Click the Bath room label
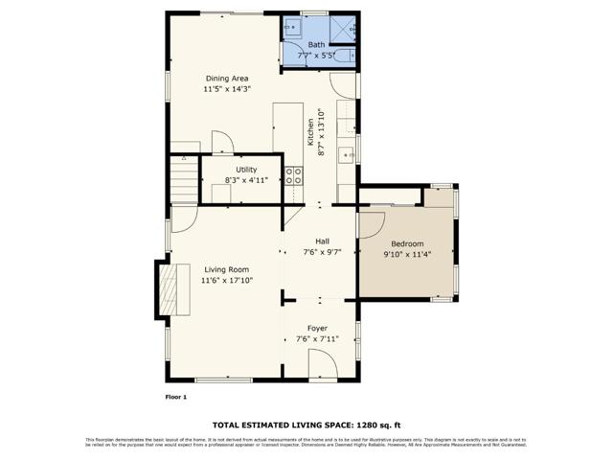point(316,45)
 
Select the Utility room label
point(246,170)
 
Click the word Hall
point(322,241)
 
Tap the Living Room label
point(226,269)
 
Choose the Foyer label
point(317,328)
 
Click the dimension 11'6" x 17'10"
point(226,281)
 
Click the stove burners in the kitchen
point(293,175)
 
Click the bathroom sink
point(293,28)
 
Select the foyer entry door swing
point(322,363)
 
